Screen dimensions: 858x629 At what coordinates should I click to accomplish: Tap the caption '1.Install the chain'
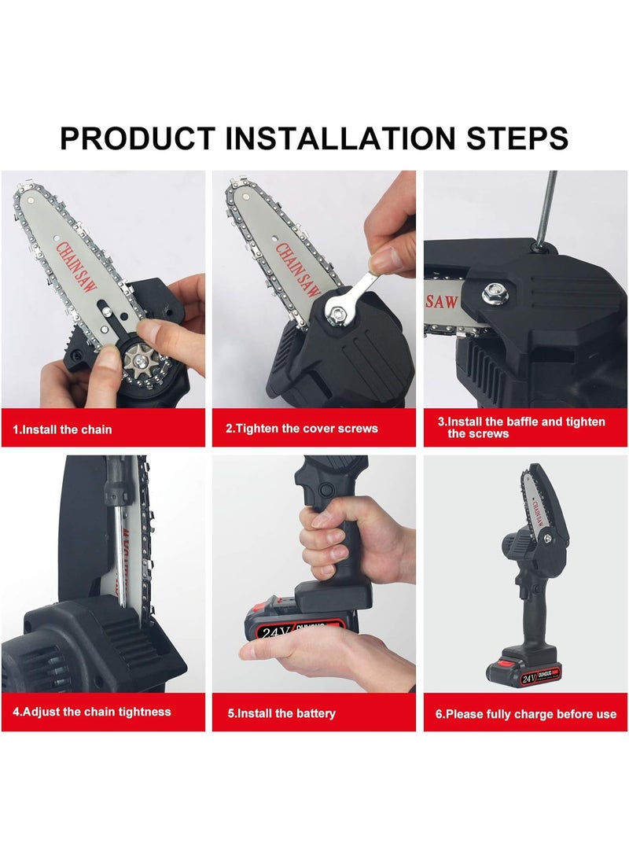(63, 429)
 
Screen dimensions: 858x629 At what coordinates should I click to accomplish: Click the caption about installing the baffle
(521, 427)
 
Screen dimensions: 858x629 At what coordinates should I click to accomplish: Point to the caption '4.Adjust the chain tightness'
(92, 712)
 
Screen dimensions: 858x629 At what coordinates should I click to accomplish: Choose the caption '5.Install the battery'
(281, 713)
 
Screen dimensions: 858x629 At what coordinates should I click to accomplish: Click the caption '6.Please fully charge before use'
(526, 714)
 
